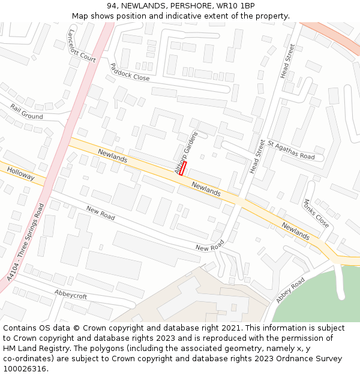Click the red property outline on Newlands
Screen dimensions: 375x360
tap(183, 168)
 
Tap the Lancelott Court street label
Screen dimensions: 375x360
tap(82, 46)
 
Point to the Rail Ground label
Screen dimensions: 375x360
tap(26, 111)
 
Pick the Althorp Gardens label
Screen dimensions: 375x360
tap(185, 152)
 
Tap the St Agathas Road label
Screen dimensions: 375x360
tap(291, 151)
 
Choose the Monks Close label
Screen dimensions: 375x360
tap(316, 214)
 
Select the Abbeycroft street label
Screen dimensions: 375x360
tap(70, 296)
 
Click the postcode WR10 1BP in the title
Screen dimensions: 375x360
tap(234, 6)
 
